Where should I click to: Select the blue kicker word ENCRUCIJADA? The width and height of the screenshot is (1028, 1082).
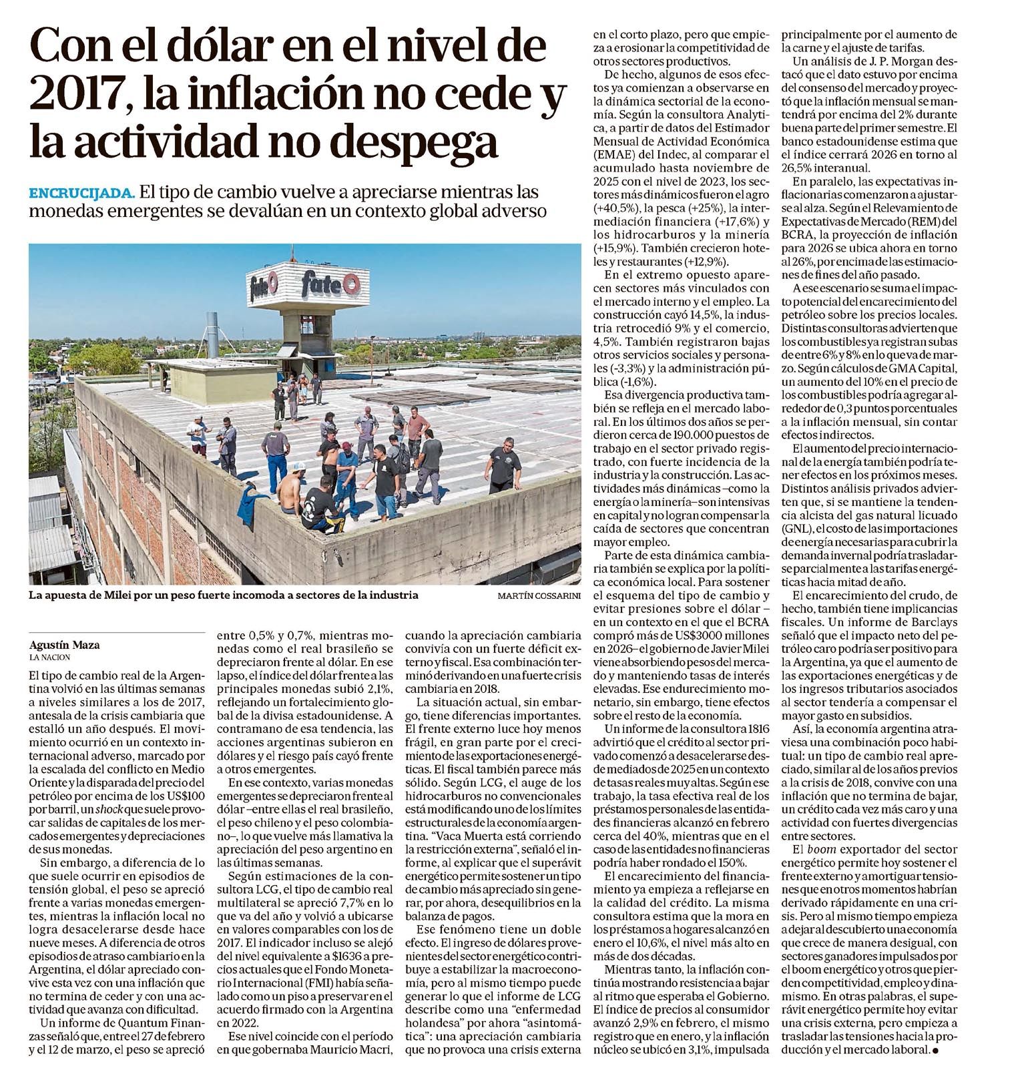[x=82, y=194]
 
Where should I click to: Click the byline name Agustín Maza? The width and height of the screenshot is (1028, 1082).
[x=58, y=645]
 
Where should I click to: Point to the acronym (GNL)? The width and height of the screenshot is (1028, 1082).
[x=800, y=527]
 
